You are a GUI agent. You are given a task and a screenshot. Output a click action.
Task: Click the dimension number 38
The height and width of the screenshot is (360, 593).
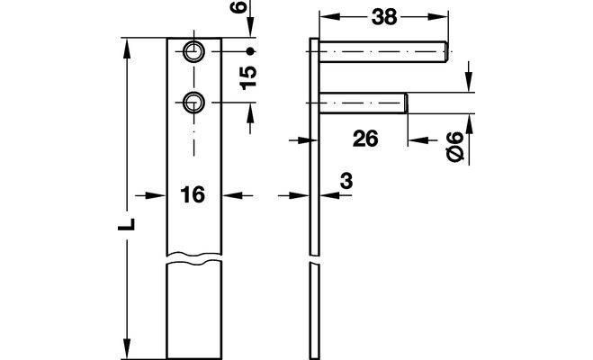tap(384, 17)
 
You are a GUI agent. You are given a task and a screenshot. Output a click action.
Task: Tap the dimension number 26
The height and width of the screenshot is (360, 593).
tap(365, 139)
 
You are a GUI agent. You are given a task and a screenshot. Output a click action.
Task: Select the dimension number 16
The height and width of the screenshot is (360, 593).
tap(193, 195)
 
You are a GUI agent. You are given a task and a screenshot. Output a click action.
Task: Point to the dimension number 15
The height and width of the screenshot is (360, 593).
tap(248, 77)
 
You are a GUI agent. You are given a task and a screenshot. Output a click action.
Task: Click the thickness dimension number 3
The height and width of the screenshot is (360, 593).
tap(346, 181)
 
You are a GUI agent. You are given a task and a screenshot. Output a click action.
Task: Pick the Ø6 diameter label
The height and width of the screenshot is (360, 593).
tap(455, 147)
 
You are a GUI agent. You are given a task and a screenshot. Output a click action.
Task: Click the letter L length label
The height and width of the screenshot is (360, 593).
tap(127, 224)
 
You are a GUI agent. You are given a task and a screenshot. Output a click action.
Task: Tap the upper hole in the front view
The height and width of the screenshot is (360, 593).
tap(194, 51)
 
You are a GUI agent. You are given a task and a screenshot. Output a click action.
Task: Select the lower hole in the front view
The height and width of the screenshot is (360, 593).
tap(194, 102)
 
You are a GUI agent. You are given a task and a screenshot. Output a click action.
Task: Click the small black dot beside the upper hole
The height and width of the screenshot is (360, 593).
tap(249, 51)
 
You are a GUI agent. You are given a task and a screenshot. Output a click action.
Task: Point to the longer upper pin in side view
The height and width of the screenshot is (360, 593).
tap(384, 51)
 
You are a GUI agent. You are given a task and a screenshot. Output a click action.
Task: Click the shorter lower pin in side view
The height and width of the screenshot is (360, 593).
tap(364, 103)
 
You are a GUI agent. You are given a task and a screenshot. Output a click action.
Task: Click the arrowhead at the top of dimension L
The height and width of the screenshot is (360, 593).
tap(127, 49)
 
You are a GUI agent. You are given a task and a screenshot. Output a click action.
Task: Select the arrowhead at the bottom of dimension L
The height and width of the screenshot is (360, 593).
tap(127, 349)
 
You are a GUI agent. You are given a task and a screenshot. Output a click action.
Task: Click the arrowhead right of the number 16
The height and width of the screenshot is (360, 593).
tap(232, 195)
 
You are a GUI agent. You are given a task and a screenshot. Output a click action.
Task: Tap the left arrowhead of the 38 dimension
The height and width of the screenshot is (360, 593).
tap(329, 16)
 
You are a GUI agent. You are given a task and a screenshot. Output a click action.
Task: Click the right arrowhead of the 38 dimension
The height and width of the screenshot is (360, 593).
tap(438, 16)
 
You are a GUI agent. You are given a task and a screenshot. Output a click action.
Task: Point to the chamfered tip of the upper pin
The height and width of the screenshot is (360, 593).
tap(446, 51)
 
